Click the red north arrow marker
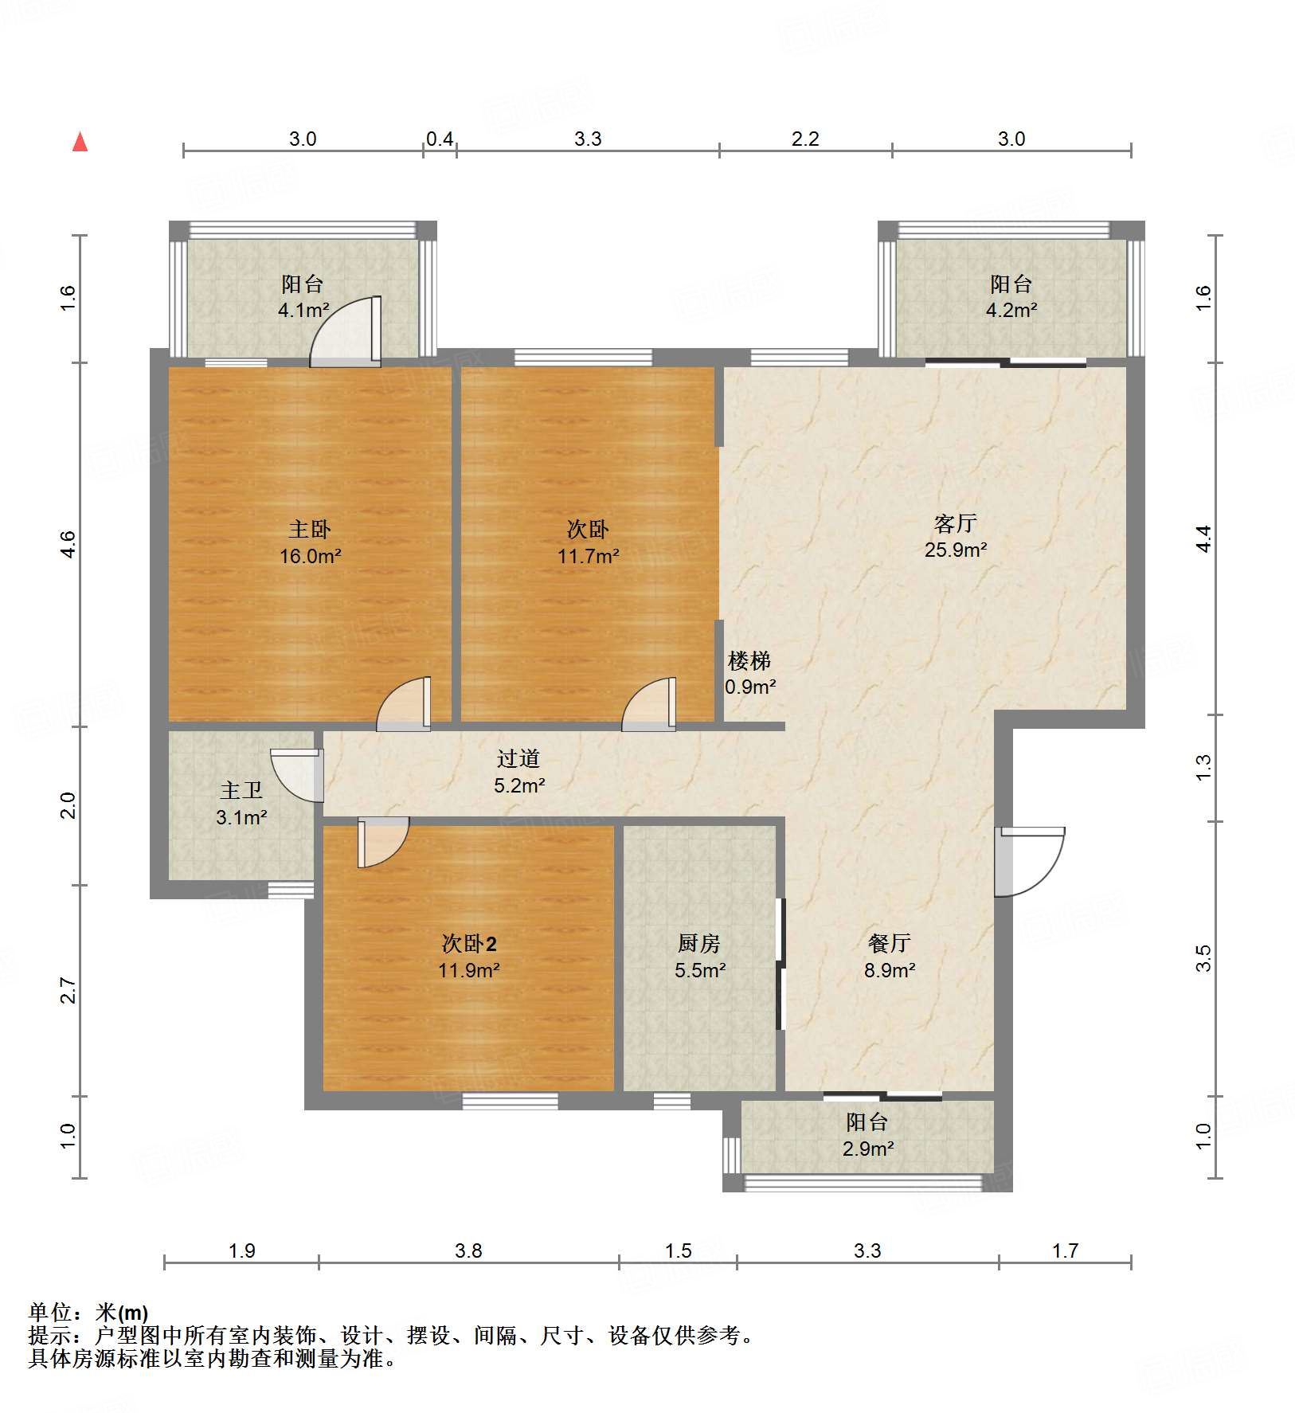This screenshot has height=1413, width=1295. (80, 143)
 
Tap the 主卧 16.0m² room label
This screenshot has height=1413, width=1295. (310, 542)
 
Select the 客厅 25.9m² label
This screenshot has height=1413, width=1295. (956, 536)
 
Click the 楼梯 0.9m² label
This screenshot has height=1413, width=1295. (749, 673)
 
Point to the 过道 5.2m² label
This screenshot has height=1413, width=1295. (518, 772)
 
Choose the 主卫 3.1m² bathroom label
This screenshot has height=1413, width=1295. (241, 804)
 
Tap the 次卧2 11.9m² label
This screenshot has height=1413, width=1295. (468, 957)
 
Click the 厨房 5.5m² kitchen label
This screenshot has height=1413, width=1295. (699, 957)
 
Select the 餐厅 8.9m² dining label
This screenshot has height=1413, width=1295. (889, 957)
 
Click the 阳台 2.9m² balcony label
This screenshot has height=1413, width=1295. (867, 1135)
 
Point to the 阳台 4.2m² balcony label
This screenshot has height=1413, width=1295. (1011, 296)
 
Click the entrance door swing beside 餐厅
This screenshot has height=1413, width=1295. (1029, 862)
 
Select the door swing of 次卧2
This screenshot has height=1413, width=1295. (382, 842)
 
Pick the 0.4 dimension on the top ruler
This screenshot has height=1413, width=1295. (439, 139)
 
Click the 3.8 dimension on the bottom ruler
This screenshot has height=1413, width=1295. (468, 1251)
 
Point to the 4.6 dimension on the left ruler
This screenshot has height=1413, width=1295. (68, 544)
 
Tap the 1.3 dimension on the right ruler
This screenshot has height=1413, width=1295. (1203, 767)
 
